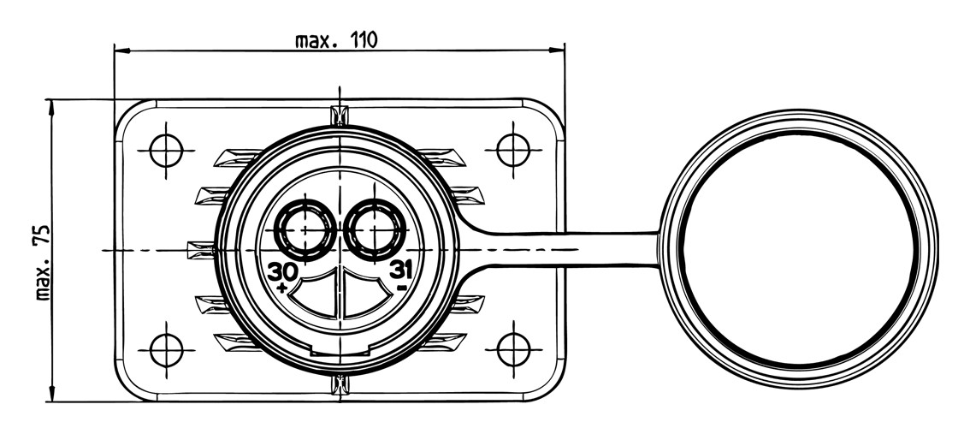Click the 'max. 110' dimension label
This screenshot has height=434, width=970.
[x=336, y=41]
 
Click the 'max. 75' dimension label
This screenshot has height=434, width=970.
[x=43, y=263]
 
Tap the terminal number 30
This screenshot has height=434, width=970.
[x=283, y=271]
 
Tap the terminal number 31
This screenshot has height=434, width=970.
[x=401, y=270]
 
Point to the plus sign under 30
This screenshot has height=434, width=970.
[x=283, y=288]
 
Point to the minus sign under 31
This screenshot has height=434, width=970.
[x=402, y=288]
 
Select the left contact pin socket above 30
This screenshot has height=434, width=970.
[x=305, y=229]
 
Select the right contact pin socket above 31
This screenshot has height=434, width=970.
[x=375, y=229]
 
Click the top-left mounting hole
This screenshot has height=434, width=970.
[x=167, y=150]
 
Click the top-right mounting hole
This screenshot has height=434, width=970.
[x=513, y=150]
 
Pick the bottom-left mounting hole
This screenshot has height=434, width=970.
[x=167, y=350]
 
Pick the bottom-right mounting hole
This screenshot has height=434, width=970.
[x=513, y=350]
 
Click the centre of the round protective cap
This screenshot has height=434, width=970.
[x=799, y=249]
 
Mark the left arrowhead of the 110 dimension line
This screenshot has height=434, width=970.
[x=121, y=50]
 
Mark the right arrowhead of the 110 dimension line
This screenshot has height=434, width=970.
[x=558, y=50]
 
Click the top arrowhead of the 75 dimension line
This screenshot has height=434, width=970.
[x=51, y=106]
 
